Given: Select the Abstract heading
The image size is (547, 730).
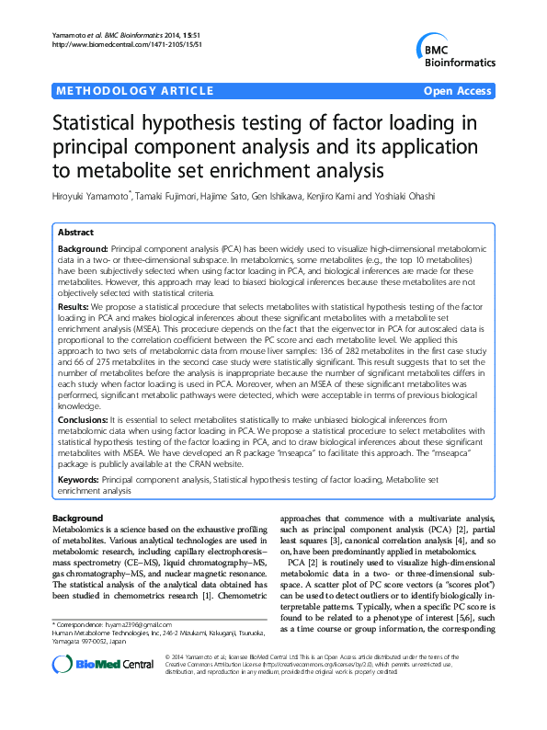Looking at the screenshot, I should click(x=76, y=233).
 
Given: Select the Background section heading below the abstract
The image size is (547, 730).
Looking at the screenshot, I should click(x=77, y=519).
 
